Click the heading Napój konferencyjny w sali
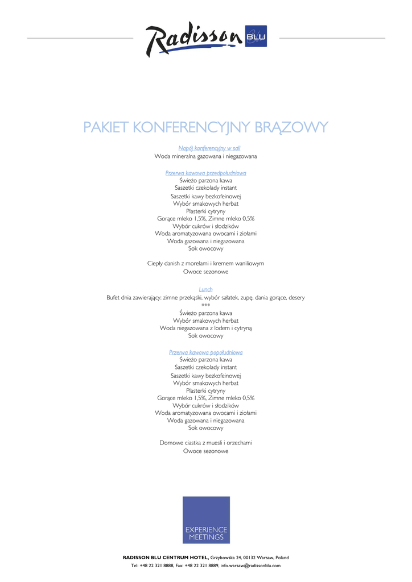coord(205,148)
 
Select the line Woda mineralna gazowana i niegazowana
coord(205,156)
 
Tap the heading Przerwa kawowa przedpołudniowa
coord(205,173)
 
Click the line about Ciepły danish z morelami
coord(205,263)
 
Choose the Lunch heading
coord(205,289)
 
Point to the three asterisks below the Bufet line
coord(205,305)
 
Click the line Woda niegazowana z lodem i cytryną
coord(205,328)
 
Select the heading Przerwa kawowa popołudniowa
coord(205,352)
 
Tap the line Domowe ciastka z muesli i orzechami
coord(205,442)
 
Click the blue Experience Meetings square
coord(206,519)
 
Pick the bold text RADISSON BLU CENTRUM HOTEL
coord(166,558)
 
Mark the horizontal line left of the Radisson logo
coord(80,38)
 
